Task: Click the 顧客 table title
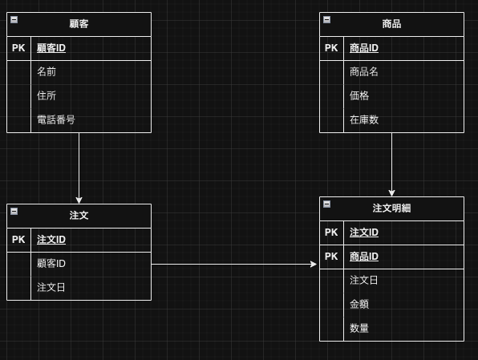pos(79,24)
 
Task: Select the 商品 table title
pos(391,24)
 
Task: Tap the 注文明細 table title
pos(391,208)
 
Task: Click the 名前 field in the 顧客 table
pos(47,72)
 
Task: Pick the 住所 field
pos(47,96)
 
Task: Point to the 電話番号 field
pos(56,120)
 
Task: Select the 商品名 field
pos(364,72)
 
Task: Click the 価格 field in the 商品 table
pos(359,96)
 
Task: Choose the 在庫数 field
pos(364,120)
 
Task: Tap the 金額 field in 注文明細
pos(359,305)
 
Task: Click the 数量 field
pos(359,329)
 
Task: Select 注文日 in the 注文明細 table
pos(364,281)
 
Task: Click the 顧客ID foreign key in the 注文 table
pos(51,264)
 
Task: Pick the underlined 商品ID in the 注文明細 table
pos(364,257)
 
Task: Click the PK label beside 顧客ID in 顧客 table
pos(18,48)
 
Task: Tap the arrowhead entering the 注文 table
pos(79,200)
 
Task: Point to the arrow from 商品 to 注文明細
pos(391,164)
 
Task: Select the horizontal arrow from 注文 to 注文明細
pos(233,264)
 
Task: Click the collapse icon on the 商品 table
pos(326,19)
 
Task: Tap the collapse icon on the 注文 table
pos(14,211)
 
